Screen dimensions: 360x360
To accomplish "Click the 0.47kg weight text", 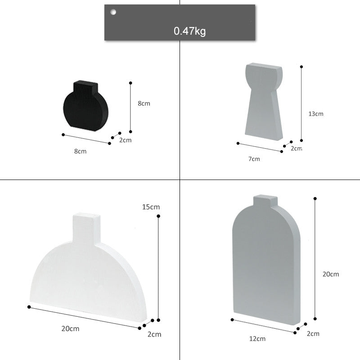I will (190, 31).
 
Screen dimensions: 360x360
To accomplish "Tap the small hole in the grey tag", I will (113, 12).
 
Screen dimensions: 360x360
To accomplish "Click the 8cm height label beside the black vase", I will (144, 103).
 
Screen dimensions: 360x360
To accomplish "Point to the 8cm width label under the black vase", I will (81, 151).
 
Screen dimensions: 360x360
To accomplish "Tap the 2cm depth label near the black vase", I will (126, 140).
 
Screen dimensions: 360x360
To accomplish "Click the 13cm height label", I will (316, 114).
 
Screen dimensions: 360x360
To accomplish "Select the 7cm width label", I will (254, 158).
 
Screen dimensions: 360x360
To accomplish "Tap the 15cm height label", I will (151, 207).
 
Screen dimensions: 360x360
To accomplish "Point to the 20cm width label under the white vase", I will (70, 328).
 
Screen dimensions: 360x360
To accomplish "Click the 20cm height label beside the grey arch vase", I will (331, 274).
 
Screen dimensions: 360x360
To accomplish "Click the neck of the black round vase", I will (85, 86).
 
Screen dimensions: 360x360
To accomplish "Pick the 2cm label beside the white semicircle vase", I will (154, 334).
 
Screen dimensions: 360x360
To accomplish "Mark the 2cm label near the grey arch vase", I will (313, 333).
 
